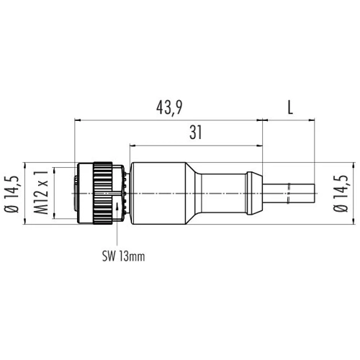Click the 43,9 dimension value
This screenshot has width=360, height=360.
(169, 107)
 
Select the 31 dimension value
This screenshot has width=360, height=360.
(196, 132)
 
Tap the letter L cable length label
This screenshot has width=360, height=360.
(290, 107)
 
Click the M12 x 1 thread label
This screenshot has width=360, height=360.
(41, 192)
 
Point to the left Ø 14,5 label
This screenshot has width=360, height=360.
(12, 194)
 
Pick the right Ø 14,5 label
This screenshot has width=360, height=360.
(341, 194)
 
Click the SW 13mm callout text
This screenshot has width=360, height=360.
(124, 256)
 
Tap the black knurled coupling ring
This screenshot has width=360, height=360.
(103, 193)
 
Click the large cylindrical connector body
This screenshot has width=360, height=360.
(159, 194)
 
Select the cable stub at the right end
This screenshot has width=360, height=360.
(289, 194)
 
